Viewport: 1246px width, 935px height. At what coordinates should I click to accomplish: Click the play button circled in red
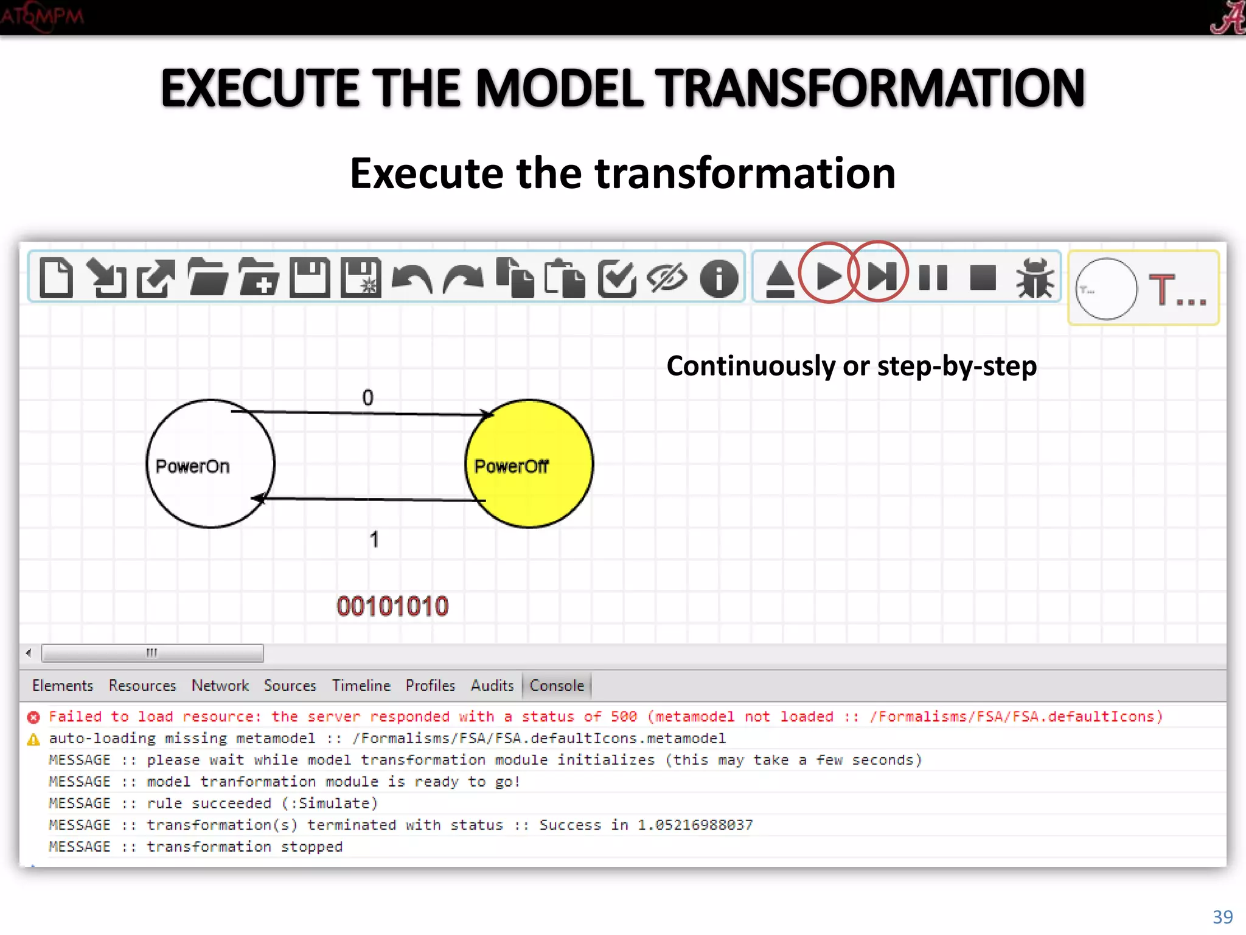tap(828, 277)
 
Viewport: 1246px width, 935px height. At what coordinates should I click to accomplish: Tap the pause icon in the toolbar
tap(933, 278)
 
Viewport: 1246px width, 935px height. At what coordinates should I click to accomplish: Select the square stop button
tap(983, 278)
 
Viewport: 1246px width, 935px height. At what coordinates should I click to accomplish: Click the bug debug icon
tap(1034, 278)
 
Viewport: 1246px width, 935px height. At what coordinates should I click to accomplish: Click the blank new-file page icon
tap(56, 278)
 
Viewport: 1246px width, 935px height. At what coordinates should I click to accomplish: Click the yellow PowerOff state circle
tap(529, 464)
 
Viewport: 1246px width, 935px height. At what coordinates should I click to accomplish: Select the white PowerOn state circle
tap(210, 464)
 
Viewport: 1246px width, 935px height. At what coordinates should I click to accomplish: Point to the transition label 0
tap(367, 398)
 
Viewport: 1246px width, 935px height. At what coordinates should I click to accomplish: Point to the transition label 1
tap(374, 539)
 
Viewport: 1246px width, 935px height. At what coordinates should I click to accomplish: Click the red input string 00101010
tap(392, 606)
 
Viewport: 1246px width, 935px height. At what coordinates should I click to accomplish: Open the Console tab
tap(556, 685)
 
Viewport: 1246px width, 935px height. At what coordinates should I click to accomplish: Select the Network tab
tap(220, 685)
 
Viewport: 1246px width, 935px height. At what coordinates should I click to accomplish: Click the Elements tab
tap(63, 685)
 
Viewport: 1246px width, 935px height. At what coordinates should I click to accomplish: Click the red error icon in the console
tap(33, 717)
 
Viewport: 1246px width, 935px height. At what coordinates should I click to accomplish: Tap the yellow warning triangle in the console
tap(33, 740)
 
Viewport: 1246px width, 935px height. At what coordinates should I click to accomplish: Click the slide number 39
tap(1222, 917)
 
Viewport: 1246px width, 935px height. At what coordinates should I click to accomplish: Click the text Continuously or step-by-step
tap(851, 366)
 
